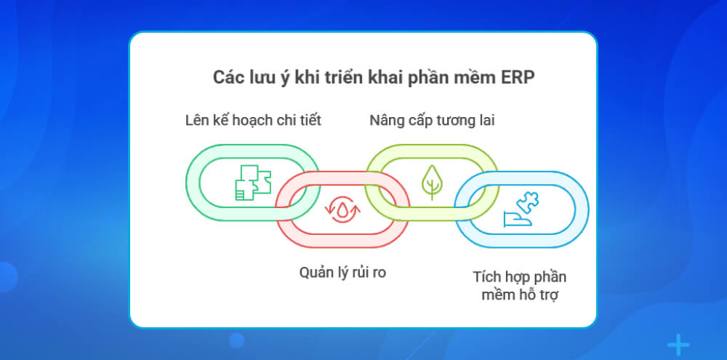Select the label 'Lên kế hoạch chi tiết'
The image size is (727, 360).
[x=253, y=120]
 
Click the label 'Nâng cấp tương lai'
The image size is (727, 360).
[x=432, y=120]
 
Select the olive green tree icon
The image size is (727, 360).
[x=432, y=182]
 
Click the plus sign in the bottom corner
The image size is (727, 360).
[x=678, y=344]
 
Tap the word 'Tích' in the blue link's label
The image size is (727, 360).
[x=487, y=277]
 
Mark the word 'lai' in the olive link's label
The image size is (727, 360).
[x=485, y=120]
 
